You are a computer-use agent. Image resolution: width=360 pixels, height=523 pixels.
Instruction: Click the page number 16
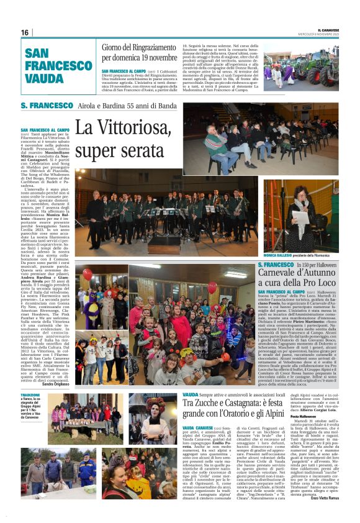(25, 32)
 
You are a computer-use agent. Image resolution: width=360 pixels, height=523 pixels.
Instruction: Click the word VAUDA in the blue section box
(43, 78)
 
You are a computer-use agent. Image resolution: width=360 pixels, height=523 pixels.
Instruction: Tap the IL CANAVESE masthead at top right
(328, 29)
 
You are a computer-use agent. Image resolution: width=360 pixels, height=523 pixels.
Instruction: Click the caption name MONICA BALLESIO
(279, 255)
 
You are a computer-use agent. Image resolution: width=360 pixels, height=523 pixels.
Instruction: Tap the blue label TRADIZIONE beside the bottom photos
(30, 395)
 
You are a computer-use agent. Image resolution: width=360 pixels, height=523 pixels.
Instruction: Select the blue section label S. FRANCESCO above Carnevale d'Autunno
(276, 265)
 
